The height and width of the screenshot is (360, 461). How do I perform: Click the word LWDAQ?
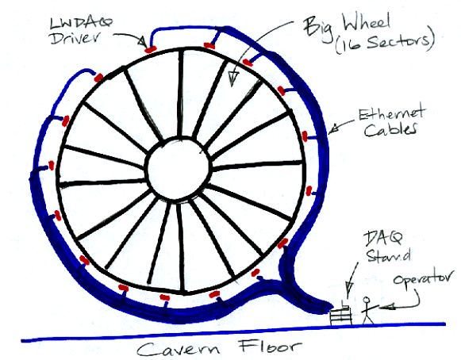[81, 24]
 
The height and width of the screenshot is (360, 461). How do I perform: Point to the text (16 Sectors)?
[385, 44]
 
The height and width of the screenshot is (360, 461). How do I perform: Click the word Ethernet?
[391, 113]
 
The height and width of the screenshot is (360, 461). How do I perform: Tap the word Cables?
[390, 129]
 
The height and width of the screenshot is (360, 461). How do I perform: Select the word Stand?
[389, 255]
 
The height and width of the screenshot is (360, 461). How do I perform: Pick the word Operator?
[423, 278]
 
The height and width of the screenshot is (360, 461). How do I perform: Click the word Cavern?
[179, 349]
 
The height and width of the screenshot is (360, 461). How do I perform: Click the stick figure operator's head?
[367, 300]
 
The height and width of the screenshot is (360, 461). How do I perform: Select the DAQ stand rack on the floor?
[340, 315]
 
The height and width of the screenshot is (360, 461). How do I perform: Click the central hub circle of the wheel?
[179, 168]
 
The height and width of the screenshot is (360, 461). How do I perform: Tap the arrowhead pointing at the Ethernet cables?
[333, 128]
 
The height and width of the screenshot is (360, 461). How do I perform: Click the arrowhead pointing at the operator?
[386, 307]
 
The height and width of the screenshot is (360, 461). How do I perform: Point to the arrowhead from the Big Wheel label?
[232, 79]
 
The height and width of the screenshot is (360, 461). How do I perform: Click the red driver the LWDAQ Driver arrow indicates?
[150, 49]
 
